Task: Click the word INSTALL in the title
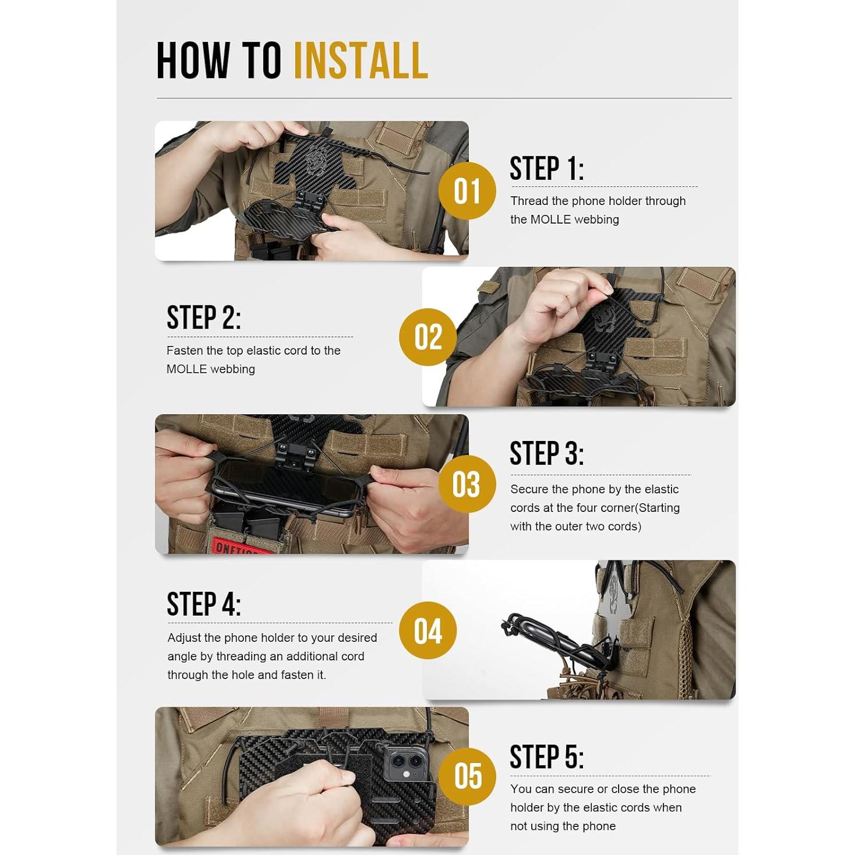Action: pos(361,61)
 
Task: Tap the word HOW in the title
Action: pos(193,61)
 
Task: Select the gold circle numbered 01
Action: pos(467,191)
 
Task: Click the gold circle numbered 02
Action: pos(427,337)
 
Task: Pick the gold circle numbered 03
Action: pos(467,483)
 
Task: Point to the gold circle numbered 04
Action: pos(427,630)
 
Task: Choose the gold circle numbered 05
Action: pos(467,776)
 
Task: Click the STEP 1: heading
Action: pos(547,168)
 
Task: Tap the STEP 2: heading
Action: pos(204,317)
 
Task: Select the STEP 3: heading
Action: pos(547,454)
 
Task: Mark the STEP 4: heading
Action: pos(204,605)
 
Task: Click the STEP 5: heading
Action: pos(547,757)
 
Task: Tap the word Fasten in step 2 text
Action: pos(185,351)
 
